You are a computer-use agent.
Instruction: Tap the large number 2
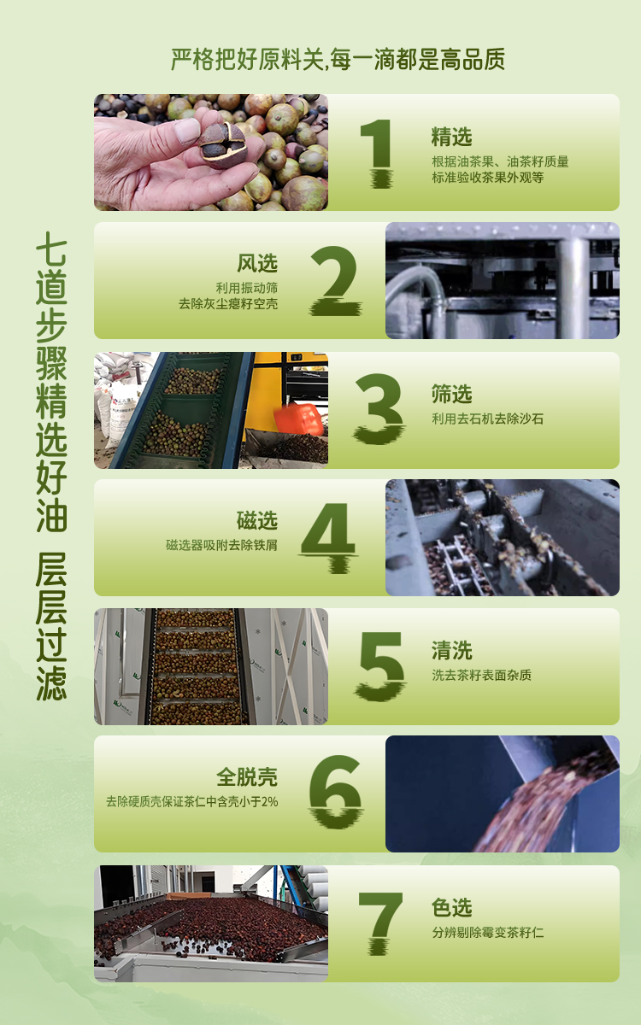click(336, 280)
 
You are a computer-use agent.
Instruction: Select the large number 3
click(379, 408)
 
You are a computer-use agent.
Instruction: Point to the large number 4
click(329, 537)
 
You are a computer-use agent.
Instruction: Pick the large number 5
click(381, 666)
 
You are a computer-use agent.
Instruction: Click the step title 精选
click(451, 137)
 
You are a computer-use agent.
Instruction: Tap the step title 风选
click(257, 263)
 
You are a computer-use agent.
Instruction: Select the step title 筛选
click(451, 394)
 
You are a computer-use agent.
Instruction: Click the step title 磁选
click(257, 520)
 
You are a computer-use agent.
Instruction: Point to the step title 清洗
click(451, 650)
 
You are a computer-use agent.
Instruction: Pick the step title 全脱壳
click(247, 776)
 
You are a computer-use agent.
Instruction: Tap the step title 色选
click(451, 907)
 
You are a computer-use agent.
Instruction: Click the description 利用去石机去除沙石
click(488, 419)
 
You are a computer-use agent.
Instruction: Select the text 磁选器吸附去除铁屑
click(221, 545)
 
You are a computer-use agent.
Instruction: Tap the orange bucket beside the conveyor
click(298, 419)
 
